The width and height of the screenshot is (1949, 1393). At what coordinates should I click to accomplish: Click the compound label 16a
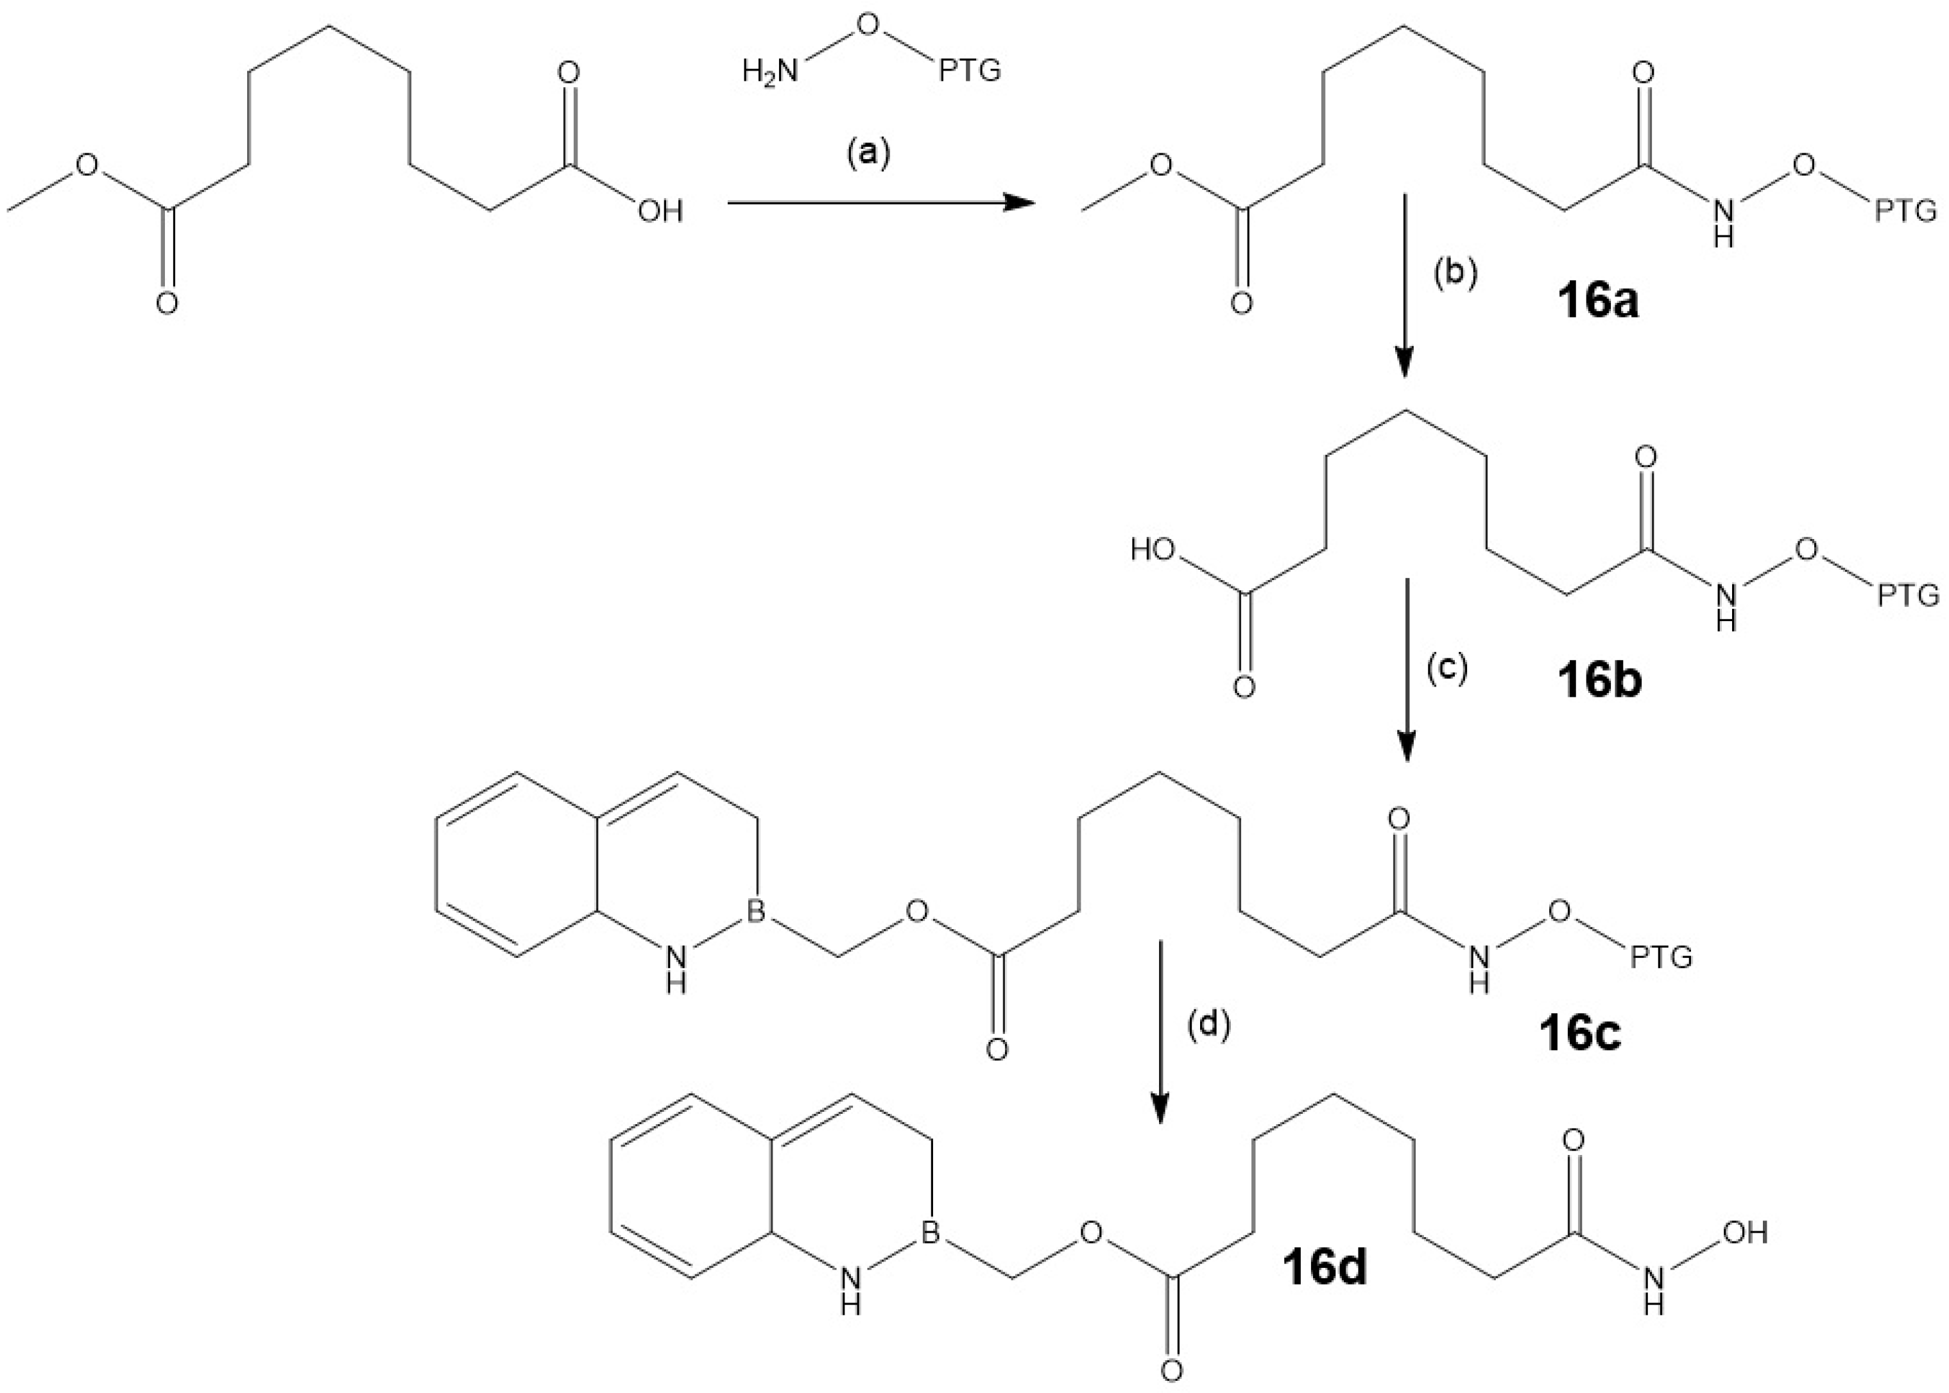pyautogui.click(x=1597, y=303)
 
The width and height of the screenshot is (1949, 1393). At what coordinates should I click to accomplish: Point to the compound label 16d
pyautogui.click(x=1325, y=1269)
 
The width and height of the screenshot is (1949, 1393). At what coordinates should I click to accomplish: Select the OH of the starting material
pyautogui.click(x=660, y=210)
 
